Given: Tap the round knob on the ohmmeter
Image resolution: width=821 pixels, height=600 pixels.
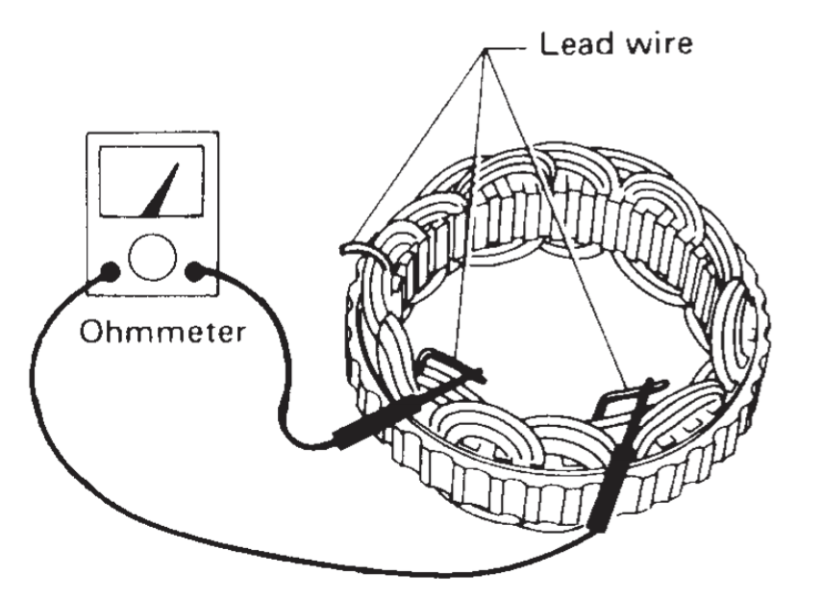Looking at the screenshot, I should tap(152, 257).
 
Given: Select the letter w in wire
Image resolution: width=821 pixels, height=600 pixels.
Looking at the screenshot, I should tap(631, 44).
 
